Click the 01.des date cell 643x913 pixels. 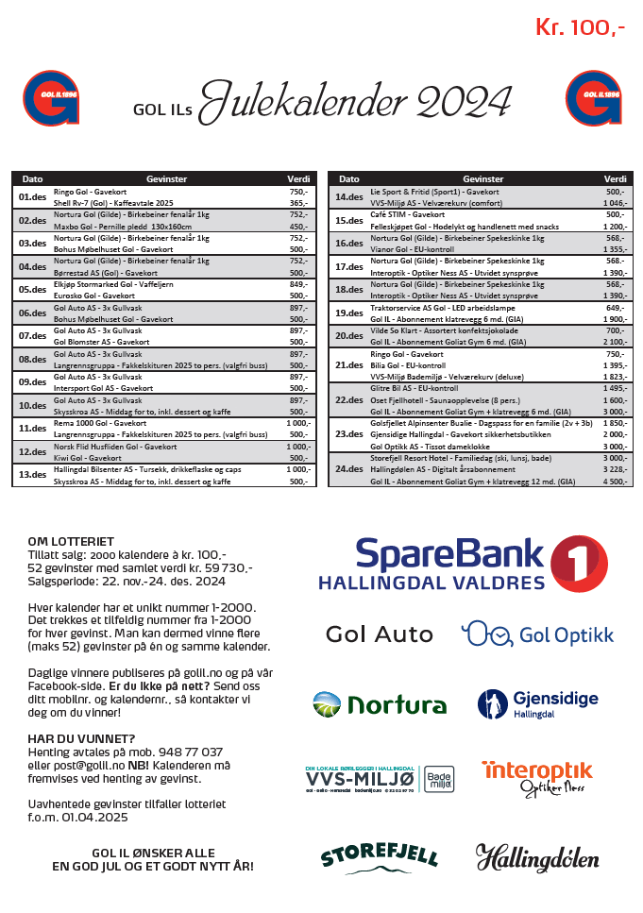click(x=32, y=196)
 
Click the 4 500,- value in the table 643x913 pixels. click(x=613, y=482)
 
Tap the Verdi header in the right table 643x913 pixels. click(x=615, y=178)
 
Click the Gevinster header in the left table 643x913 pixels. click(x=166, y=178)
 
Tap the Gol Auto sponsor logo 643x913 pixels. click(x=380, y=634)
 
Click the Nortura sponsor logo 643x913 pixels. click(x=380, y=703)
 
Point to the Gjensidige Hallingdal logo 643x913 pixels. click(x=537, y=703)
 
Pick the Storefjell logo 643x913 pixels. click(x=380, y=856)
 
